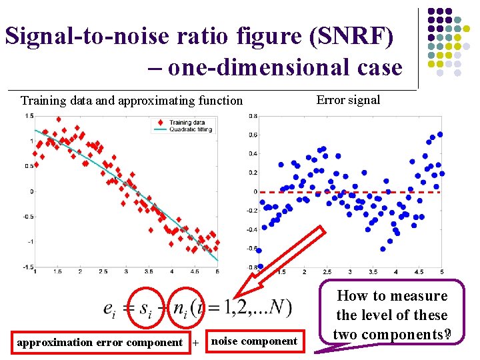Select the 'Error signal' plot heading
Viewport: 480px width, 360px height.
[348, 100]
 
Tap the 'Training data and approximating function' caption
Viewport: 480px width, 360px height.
[131, 101]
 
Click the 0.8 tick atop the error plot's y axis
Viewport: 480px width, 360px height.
[253, 116]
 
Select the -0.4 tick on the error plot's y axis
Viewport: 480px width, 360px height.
[252, 229]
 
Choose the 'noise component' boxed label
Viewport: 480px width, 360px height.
[254, 341]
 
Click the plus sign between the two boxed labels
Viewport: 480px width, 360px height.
[196, 343]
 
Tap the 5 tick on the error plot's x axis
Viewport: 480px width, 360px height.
[441, 272]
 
